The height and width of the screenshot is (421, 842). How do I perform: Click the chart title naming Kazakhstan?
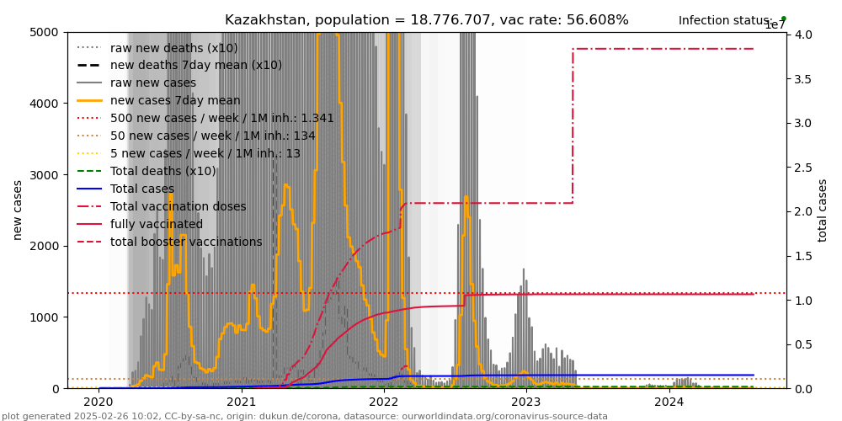[426, 20]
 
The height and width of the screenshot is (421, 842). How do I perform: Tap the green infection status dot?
[783, 19]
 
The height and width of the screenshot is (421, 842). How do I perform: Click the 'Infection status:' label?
[726, 21]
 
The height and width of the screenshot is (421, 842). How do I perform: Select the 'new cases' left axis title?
[18, 210]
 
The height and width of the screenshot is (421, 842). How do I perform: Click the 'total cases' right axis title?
[823, 210]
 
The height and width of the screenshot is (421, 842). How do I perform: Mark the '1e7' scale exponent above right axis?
[775, 25]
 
